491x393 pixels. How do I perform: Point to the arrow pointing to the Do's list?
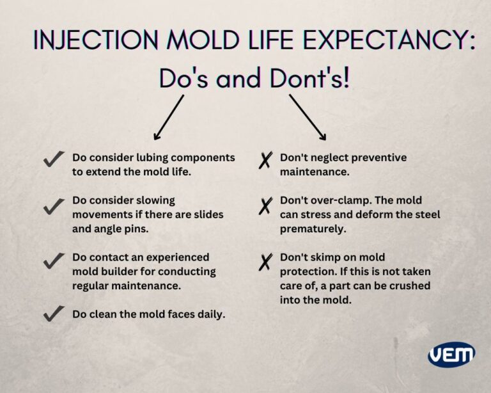point(169,116)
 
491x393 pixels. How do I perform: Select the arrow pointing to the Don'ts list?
point(308,116)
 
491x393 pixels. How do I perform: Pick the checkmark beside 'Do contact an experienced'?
point(54,259)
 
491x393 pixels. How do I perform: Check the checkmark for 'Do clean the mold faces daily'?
point(54,314)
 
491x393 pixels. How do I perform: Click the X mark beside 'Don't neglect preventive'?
point(265,160)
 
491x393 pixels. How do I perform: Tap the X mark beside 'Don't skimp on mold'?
point(265,262)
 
